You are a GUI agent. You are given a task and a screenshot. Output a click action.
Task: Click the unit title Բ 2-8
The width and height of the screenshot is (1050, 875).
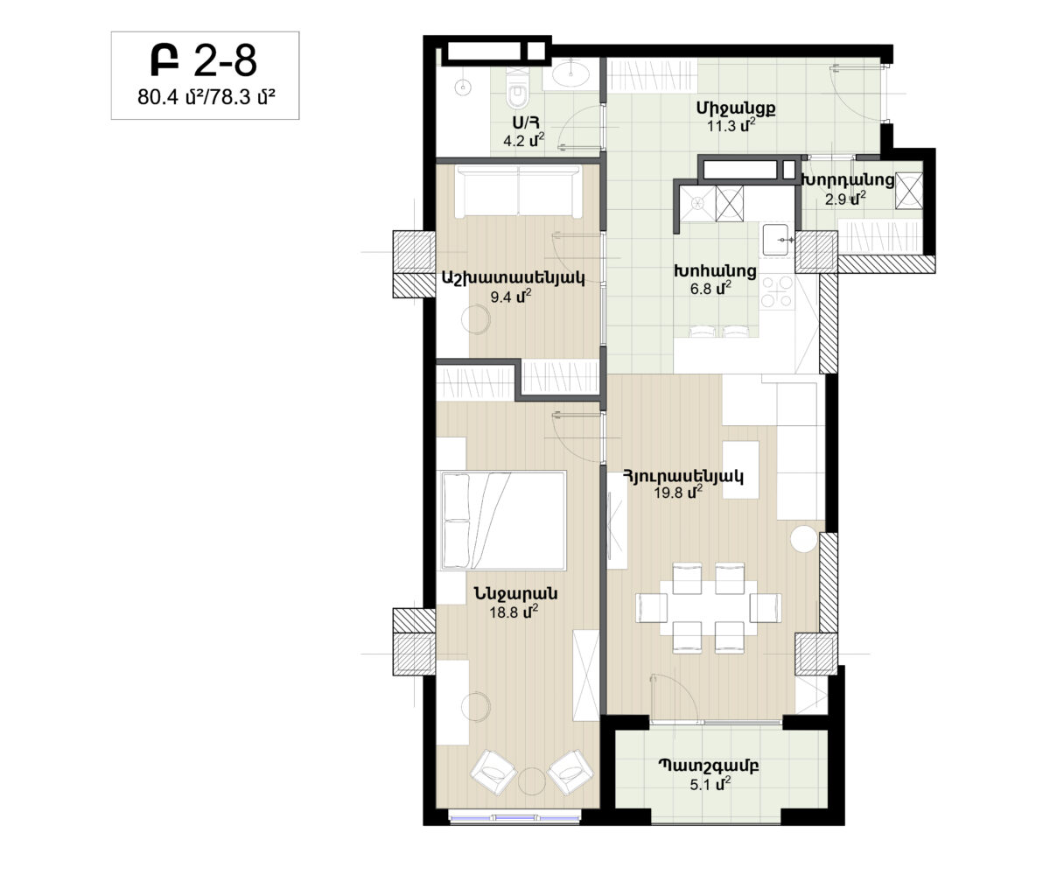204,60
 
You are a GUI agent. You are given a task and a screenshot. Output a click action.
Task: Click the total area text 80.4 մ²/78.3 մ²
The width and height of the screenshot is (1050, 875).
206,97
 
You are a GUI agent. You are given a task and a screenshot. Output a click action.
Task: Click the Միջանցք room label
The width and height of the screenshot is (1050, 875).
736,108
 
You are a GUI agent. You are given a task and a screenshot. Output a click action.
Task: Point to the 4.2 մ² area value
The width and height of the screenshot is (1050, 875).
523,140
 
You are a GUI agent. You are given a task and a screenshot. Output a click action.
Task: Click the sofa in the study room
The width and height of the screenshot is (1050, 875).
519,191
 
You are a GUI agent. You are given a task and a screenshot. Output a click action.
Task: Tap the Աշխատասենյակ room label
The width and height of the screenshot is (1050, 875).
513,277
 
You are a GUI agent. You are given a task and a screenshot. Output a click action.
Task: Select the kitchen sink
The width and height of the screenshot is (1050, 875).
775,240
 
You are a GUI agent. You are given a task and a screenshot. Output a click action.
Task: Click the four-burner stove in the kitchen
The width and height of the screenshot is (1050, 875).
777,291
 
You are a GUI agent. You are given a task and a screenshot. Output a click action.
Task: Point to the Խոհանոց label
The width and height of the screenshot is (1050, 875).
715,270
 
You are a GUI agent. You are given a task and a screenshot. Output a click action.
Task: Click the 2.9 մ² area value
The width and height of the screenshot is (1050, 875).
845,199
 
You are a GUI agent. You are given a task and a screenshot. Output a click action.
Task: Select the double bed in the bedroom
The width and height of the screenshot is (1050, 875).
504,521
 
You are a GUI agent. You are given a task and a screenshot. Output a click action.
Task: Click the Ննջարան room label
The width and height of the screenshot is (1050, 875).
515,593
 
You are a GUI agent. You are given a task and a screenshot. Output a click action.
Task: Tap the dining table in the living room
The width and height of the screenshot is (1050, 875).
709,608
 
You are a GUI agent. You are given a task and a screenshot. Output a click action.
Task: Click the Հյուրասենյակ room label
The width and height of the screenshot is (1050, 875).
683,476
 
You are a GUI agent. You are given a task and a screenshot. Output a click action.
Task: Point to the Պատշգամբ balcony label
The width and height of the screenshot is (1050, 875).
709,766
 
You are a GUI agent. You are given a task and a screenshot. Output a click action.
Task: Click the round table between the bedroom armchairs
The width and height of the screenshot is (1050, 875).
531,781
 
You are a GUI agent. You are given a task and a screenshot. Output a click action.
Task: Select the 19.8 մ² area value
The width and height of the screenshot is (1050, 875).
678,493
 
